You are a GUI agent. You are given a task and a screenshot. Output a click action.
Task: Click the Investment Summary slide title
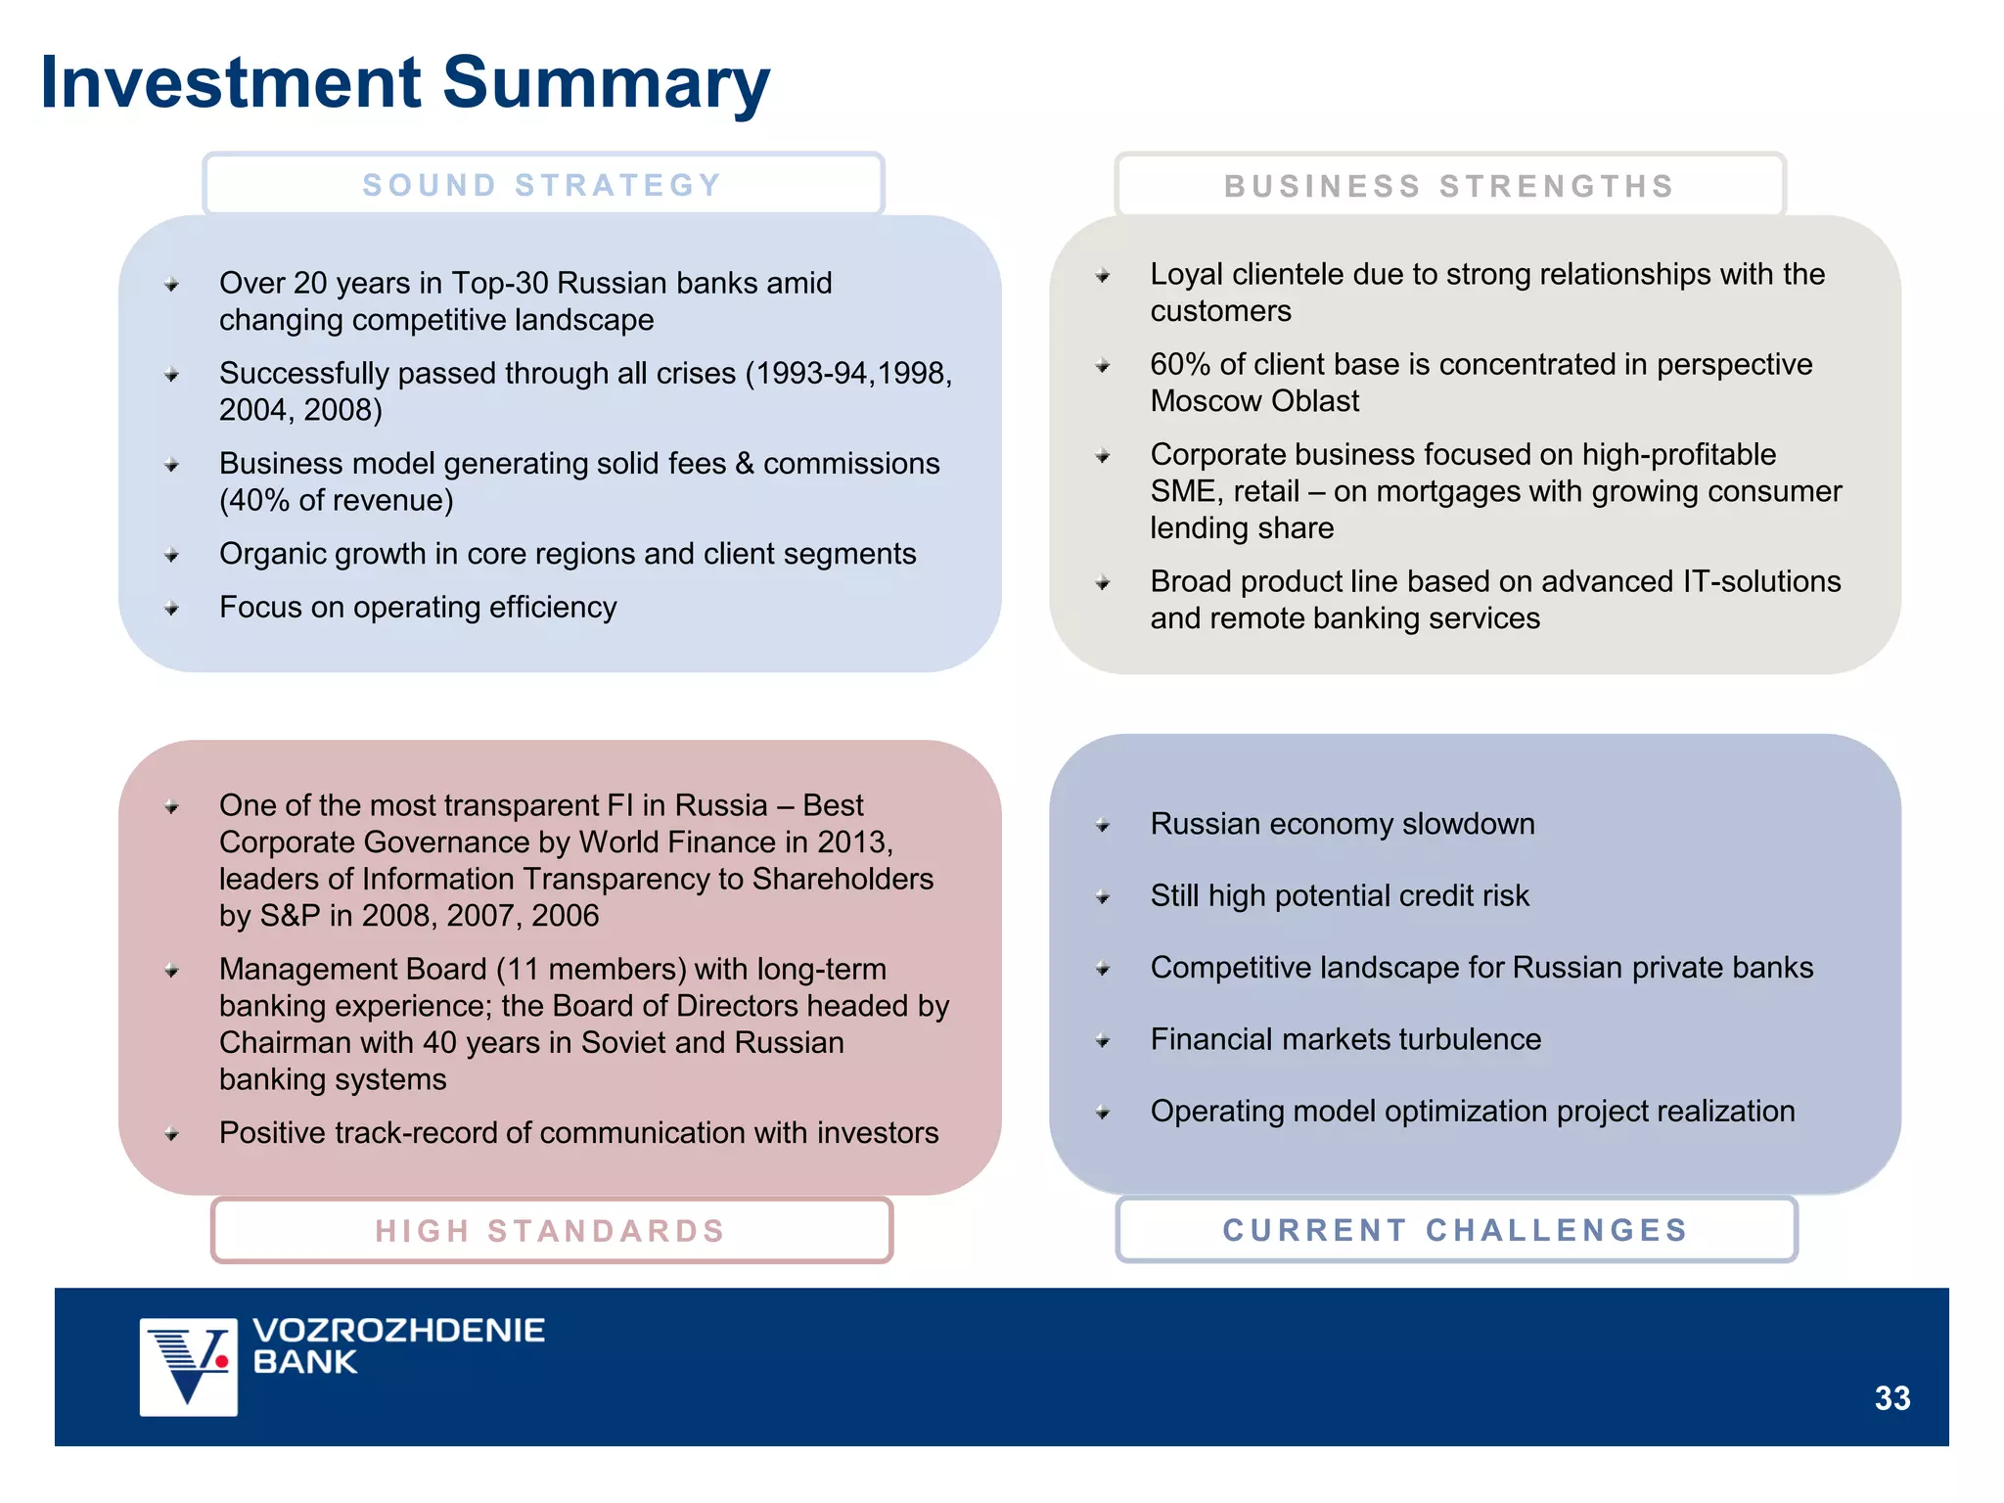405,83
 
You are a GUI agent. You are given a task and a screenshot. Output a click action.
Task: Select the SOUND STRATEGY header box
543,185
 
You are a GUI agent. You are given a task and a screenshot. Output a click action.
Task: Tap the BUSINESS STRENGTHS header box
1449,186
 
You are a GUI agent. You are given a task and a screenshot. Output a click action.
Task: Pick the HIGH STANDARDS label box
551,1230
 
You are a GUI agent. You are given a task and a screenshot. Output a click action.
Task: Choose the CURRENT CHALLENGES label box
1456,1230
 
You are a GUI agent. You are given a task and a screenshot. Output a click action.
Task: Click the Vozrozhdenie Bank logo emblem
189,1366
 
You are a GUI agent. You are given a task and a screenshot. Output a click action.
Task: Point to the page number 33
1891,1398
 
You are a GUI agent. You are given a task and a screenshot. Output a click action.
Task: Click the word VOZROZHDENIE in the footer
398,1331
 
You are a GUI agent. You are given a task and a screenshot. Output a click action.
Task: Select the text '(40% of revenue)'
337,500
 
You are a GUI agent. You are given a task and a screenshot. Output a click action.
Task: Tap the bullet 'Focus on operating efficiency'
418,608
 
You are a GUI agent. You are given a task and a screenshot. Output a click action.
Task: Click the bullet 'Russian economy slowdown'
1343,824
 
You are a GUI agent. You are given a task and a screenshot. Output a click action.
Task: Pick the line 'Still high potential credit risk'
1340,895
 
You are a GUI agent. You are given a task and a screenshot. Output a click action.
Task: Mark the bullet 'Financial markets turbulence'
1345,1039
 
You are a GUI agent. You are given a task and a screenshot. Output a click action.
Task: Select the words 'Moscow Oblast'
1254,401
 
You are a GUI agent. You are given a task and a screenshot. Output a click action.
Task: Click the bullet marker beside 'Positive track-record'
172,1135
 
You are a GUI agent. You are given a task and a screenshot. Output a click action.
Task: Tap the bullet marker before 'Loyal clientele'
1103,276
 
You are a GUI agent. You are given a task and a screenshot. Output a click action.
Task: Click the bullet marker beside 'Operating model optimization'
1103,1113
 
